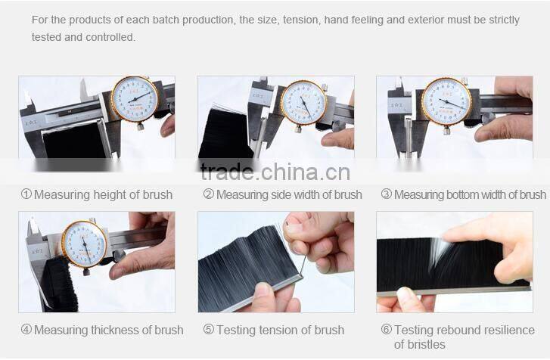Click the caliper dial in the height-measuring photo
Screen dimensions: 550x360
pyautogui.click(x=135, y=99)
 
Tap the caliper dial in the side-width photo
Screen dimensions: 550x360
pyautogui.click(x=304, y=102)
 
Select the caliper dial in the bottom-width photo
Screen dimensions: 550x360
pyautogui.click(x=446, y=101)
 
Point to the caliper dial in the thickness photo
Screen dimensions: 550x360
pyautogui.click(x=85, y=244)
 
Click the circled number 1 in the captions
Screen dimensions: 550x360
pyautogui.click(x=26, y=194)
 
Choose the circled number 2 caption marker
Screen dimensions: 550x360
pyautogui.click(x=209, y=194)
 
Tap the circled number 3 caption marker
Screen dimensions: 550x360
pyautogui.click(x=386, y=194)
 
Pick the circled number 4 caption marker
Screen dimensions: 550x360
pyautogui.click(x=26, y=330)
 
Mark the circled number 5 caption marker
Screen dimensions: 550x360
pyautogui.click(x=209, y=330)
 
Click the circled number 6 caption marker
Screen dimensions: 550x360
pyautogui.click(x=386, y=330)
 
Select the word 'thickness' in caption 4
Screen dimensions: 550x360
pyautogui.click(x=115, y=330)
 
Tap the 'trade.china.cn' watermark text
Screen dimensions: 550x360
pyautogui.click(x=275, y=172)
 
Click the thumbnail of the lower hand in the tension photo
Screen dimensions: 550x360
pyautogui.click(x=263, y=292)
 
